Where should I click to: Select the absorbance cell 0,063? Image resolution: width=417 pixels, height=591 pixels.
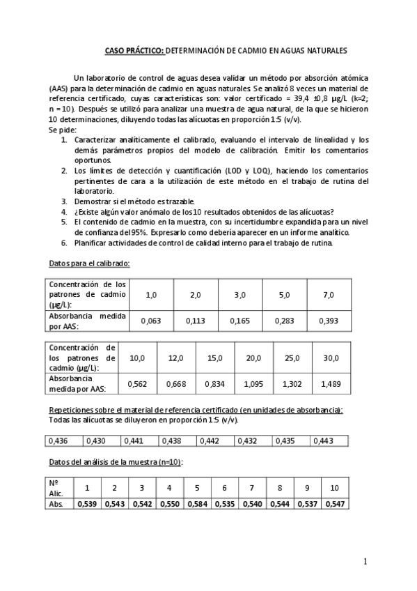pos(150,321)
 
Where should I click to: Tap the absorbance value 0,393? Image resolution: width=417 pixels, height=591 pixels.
pos(329,321)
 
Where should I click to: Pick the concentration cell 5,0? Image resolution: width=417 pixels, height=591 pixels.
pos(284,295)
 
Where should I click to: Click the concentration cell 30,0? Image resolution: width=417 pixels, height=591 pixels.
pos(331,358)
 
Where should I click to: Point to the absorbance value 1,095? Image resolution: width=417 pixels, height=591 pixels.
pos(253,383)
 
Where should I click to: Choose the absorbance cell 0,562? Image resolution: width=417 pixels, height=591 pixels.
pos(137,383)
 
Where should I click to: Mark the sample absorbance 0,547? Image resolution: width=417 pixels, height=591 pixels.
pos(334,504)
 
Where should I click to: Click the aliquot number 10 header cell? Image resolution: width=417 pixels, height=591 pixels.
pos(334,487)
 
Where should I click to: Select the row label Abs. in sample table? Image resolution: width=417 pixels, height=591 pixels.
pos(57,504)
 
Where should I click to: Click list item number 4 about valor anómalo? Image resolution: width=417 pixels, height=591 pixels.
pos(202,213)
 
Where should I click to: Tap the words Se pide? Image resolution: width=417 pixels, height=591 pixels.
pos(63,130)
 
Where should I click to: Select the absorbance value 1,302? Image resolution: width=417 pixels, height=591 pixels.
pos(292,383)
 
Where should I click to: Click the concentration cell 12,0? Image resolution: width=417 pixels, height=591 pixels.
pos(176,358)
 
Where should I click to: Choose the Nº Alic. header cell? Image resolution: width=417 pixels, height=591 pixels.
pos(58,487)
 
